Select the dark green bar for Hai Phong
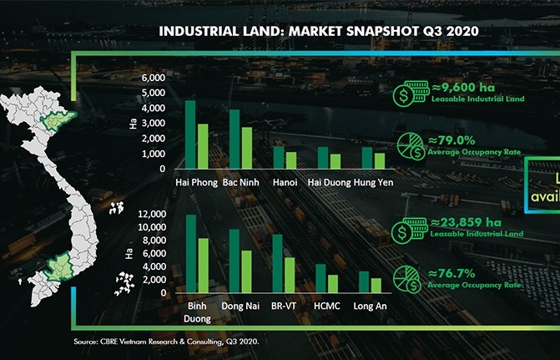click(x=190, y=135)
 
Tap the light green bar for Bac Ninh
click(x=246, y=148)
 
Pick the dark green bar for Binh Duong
click(x=190, y=254)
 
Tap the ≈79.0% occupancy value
click(x=460, y=140)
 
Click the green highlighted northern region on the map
click(x=58, y=123)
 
